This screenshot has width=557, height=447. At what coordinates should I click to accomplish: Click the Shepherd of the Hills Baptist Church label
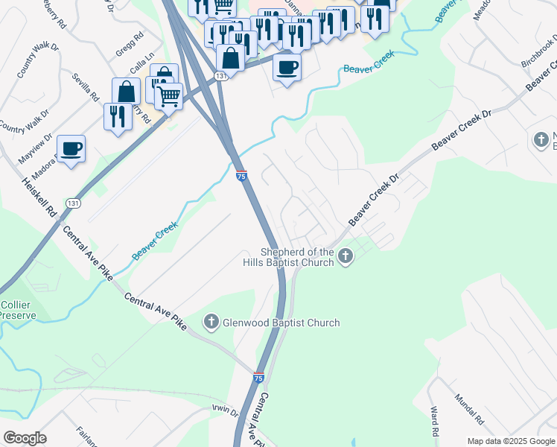290,256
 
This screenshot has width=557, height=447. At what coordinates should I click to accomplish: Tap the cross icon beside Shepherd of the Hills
345,257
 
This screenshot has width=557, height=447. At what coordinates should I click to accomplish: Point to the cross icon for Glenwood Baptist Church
211,323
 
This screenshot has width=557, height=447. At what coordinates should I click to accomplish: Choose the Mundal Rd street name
469,409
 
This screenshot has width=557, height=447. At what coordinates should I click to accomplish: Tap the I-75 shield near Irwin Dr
258,378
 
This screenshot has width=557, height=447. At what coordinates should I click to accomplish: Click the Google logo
25,438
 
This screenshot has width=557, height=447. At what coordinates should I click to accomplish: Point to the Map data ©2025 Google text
511,441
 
